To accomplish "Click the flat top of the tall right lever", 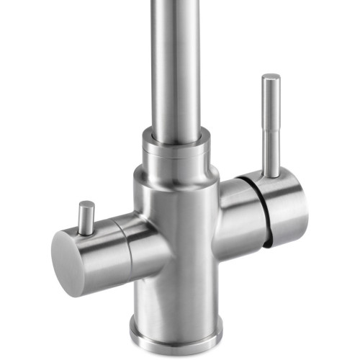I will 271,76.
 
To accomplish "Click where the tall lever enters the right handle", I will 271,176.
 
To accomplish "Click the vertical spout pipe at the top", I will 175,58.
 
